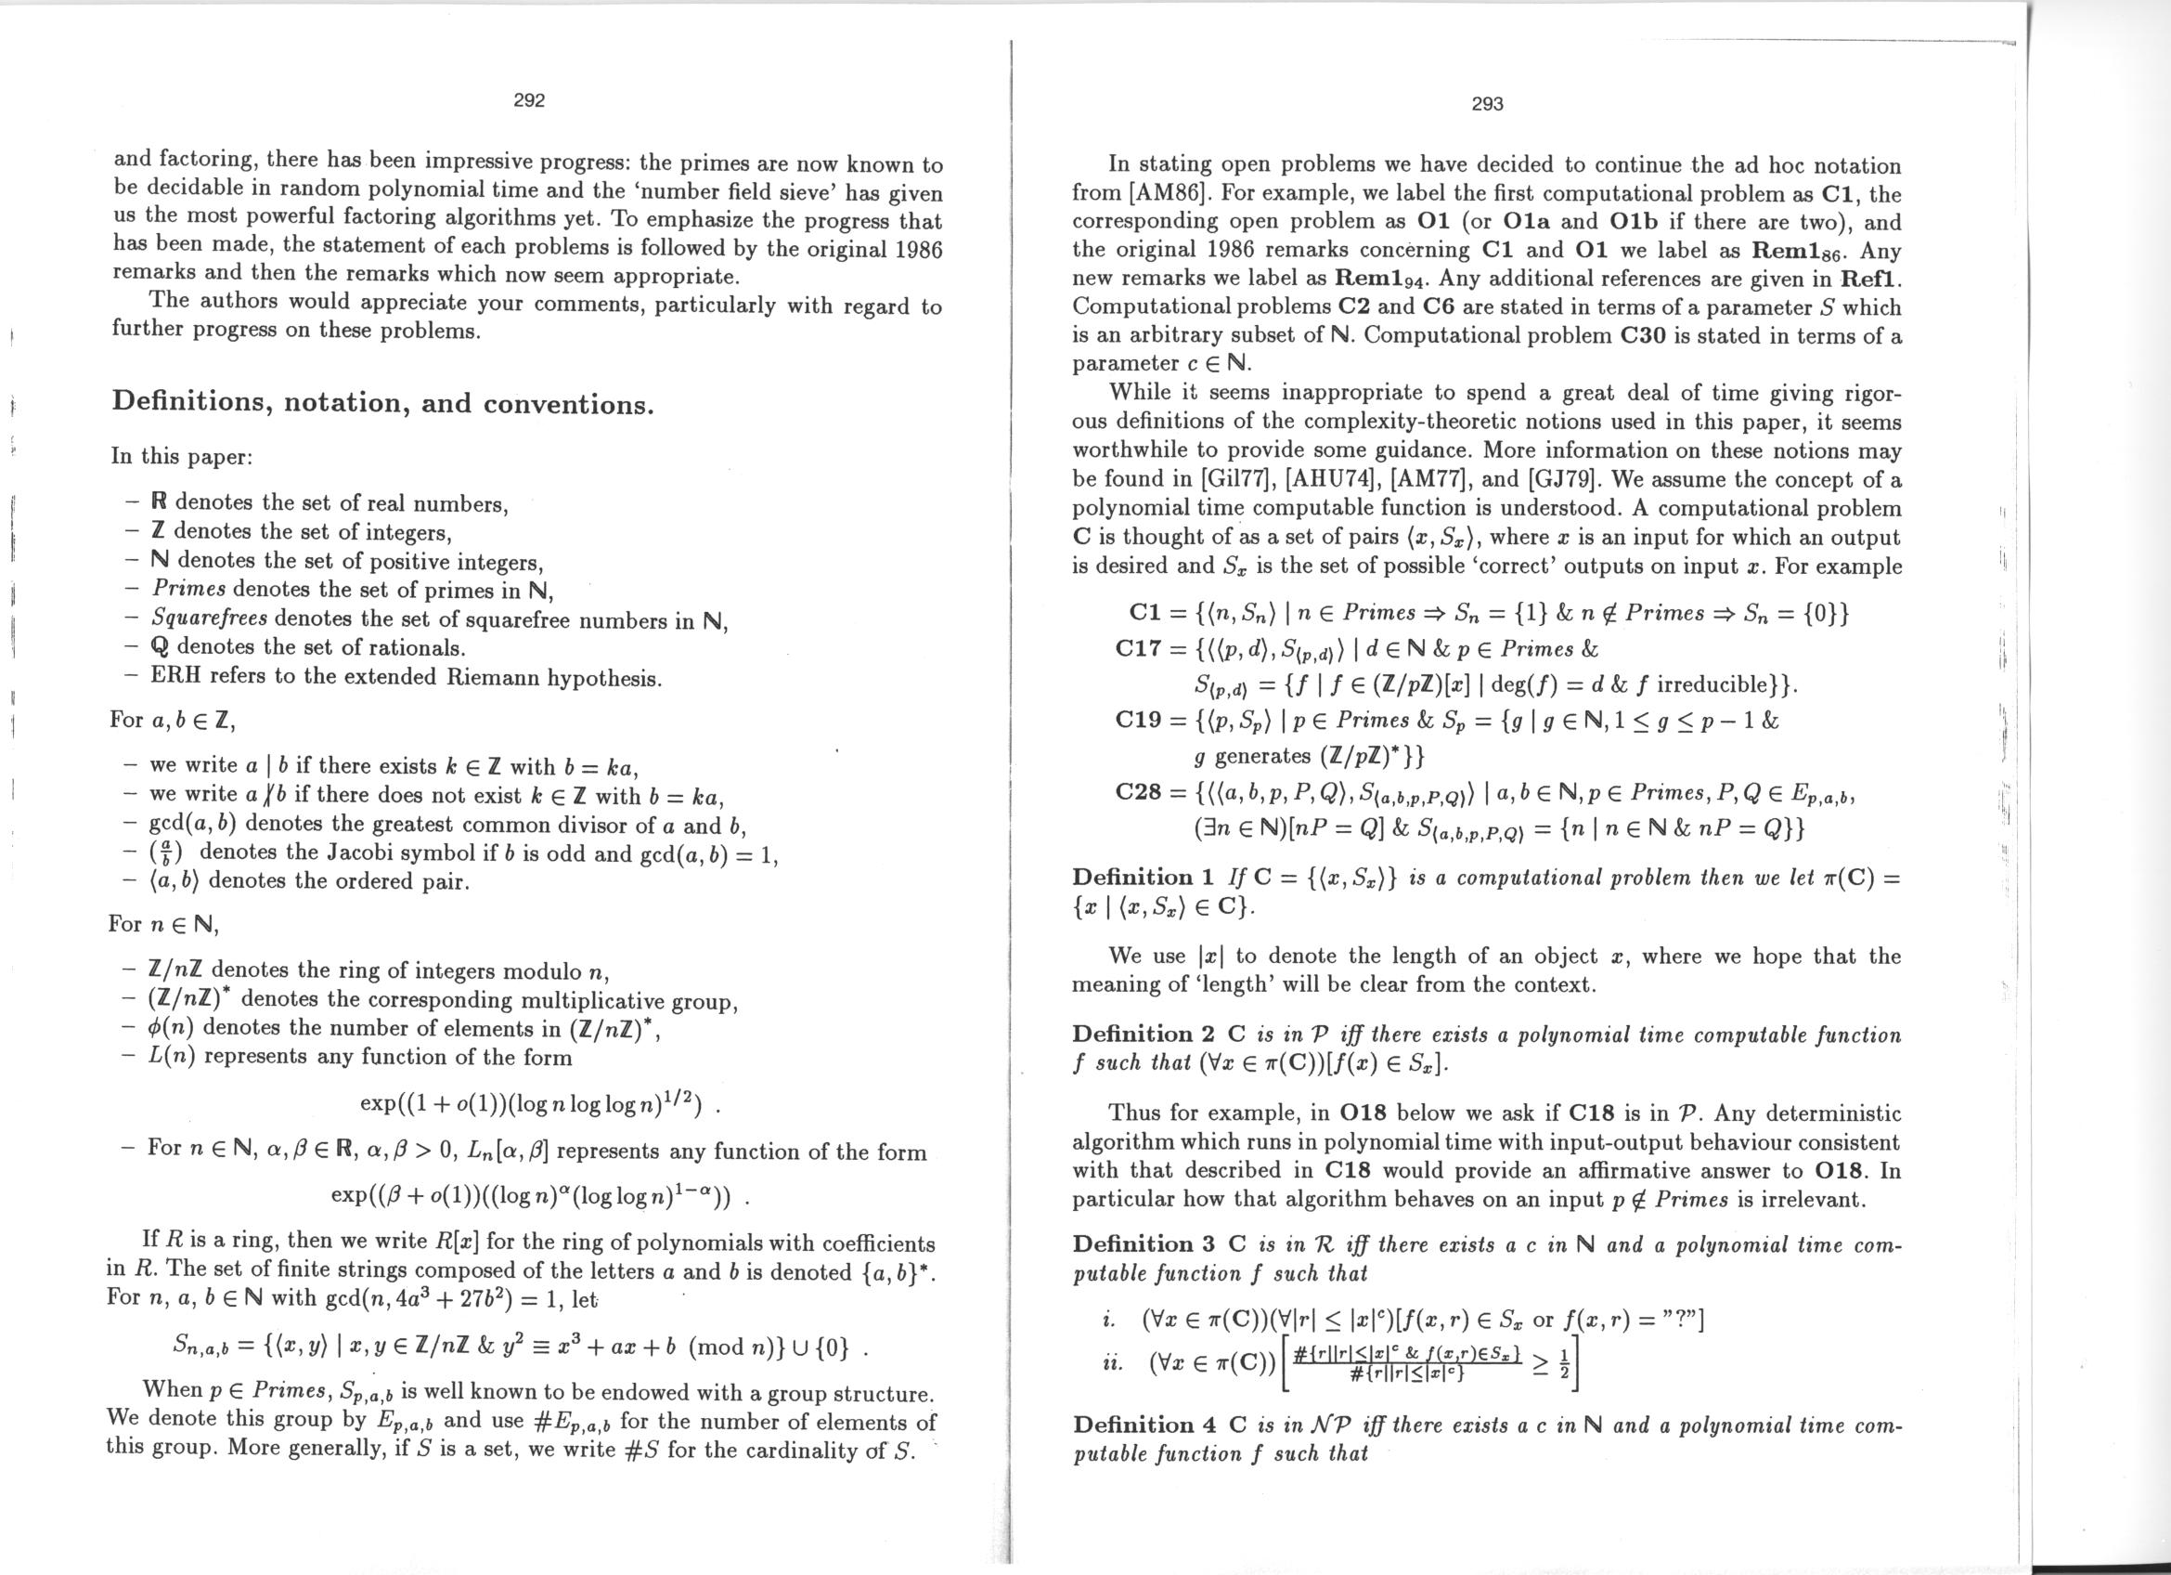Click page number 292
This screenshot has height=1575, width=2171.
[528, 100]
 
